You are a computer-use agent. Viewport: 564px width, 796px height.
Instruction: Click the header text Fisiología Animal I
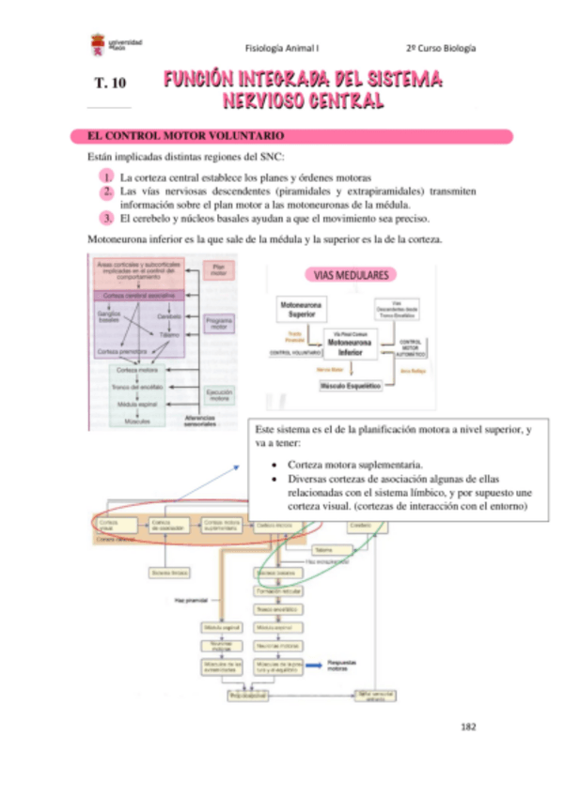(282, 48)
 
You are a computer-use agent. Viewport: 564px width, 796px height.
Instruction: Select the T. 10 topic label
(109, 84)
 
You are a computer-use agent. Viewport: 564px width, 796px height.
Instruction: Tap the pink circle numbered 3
(109, 218)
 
